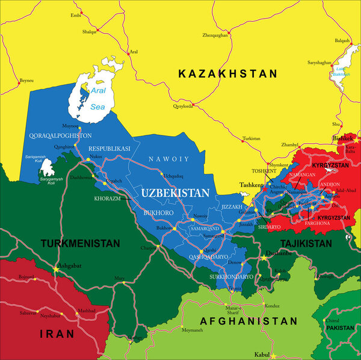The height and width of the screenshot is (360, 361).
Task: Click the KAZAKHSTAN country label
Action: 228,73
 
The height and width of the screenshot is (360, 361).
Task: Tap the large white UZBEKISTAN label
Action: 175,193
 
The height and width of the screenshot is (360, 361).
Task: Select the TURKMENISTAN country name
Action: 80,244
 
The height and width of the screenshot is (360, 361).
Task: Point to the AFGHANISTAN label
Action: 248,321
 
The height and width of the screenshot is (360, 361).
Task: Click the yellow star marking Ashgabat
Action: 57,268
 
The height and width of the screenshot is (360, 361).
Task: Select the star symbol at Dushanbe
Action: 263,258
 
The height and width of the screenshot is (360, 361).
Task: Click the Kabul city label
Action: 262,355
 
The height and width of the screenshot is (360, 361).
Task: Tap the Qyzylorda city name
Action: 183,106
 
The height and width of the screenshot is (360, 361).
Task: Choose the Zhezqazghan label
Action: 215,36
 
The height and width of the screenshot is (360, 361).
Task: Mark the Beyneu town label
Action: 26,80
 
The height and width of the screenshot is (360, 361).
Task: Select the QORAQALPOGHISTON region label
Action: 60,135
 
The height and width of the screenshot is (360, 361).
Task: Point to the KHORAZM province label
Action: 107,198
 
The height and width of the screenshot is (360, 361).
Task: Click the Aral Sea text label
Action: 97,101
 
